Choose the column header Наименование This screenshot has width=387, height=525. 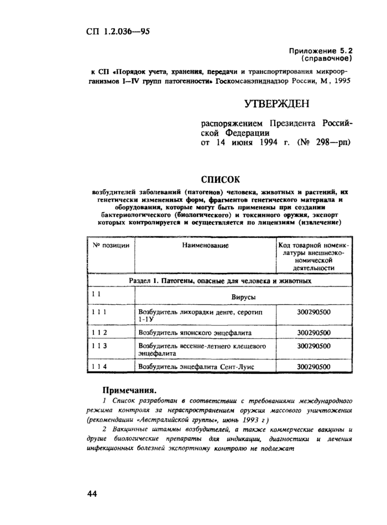pos(206,243)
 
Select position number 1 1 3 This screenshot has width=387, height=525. pos(100,346)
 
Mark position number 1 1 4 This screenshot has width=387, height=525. pos(100,367)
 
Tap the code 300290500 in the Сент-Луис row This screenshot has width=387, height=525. pos(314,367)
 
